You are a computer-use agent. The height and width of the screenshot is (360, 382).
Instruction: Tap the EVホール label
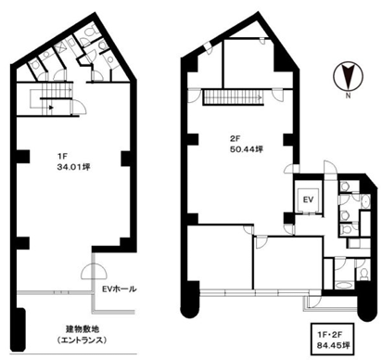tap(119, 289)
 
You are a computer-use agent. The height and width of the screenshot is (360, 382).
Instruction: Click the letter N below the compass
tap(345, 95)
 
